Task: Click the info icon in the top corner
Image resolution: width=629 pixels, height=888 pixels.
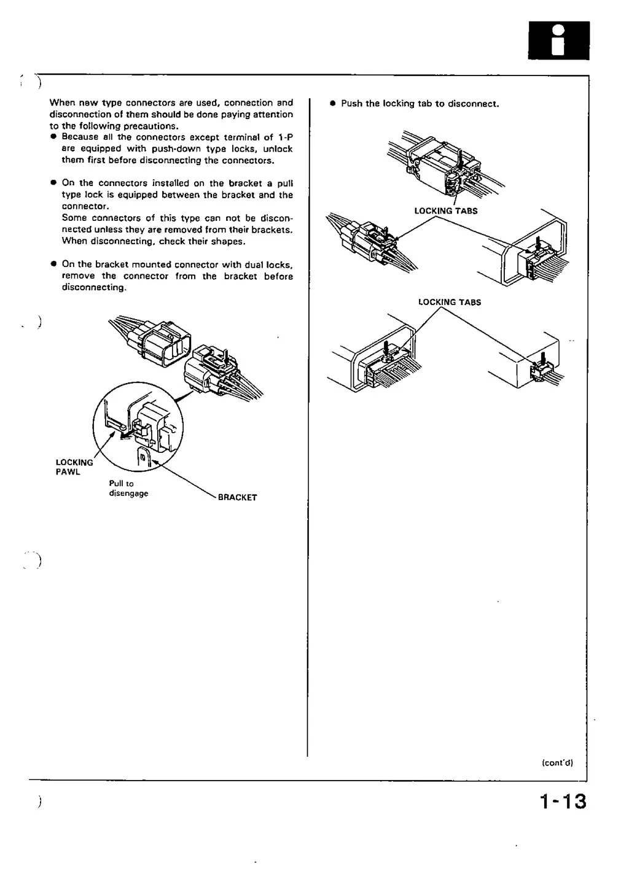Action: point(558,40)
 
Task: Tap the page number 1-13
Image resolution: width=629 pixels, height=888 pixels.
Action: point(563,801)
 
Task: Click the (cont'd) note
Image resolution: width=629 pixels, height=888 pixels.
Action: point(557,763)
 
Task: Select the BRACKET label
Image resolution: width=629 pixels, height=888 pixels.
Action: point(237,498)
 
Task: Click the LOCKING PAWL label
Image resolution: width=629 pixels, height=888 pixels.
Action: point(74,467)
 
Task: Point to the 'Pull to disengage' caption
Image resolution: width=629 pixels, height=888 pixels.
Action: point(128,488)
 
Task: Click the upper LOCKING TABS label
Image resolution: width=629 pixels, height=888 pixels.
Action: point(446,211)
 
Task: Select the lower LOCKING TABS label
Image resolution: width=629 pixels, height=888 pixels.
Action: point(450,303)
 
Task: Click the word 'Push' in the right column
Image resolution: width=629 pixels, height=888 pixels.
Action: point(351,104)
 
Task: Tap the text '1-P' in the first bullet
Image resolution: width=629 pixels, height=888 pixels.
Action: point(286,137)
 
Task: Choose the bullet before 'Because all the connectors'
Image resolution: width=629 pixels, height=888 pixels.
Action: point(54,137)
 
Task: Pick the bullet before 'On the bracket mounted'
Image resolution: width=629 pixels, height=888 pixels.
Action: point(54,264)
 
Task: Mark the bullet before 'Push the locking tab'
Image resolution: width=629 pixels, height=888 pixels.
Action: point(332,104)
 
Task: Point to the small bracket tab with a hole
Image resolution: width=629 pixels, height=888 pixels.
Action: point(143,458)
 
